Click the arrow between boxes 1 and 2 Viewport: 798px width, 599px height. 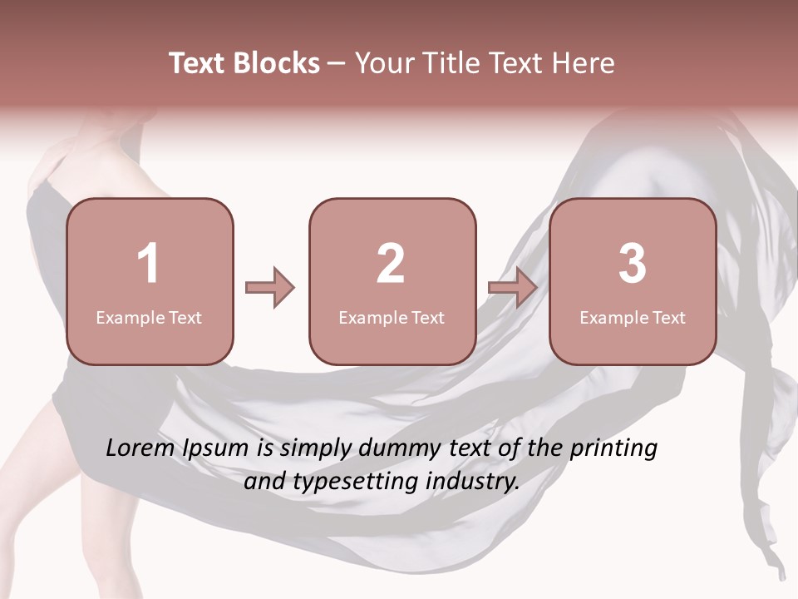point(270,288)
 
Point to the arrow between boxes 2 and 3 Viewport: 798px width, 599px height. point(512,288)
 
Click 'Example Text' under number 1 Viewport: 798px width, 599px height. point(149,317)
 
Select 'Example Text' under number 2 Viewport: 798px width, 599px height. point(392,317)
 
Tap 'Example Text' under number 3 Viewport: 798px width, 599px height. point(633,317)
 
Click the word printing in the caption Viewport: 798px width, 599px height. point(613,449)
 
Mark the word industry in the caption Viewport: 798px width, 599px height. point(470,481)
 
